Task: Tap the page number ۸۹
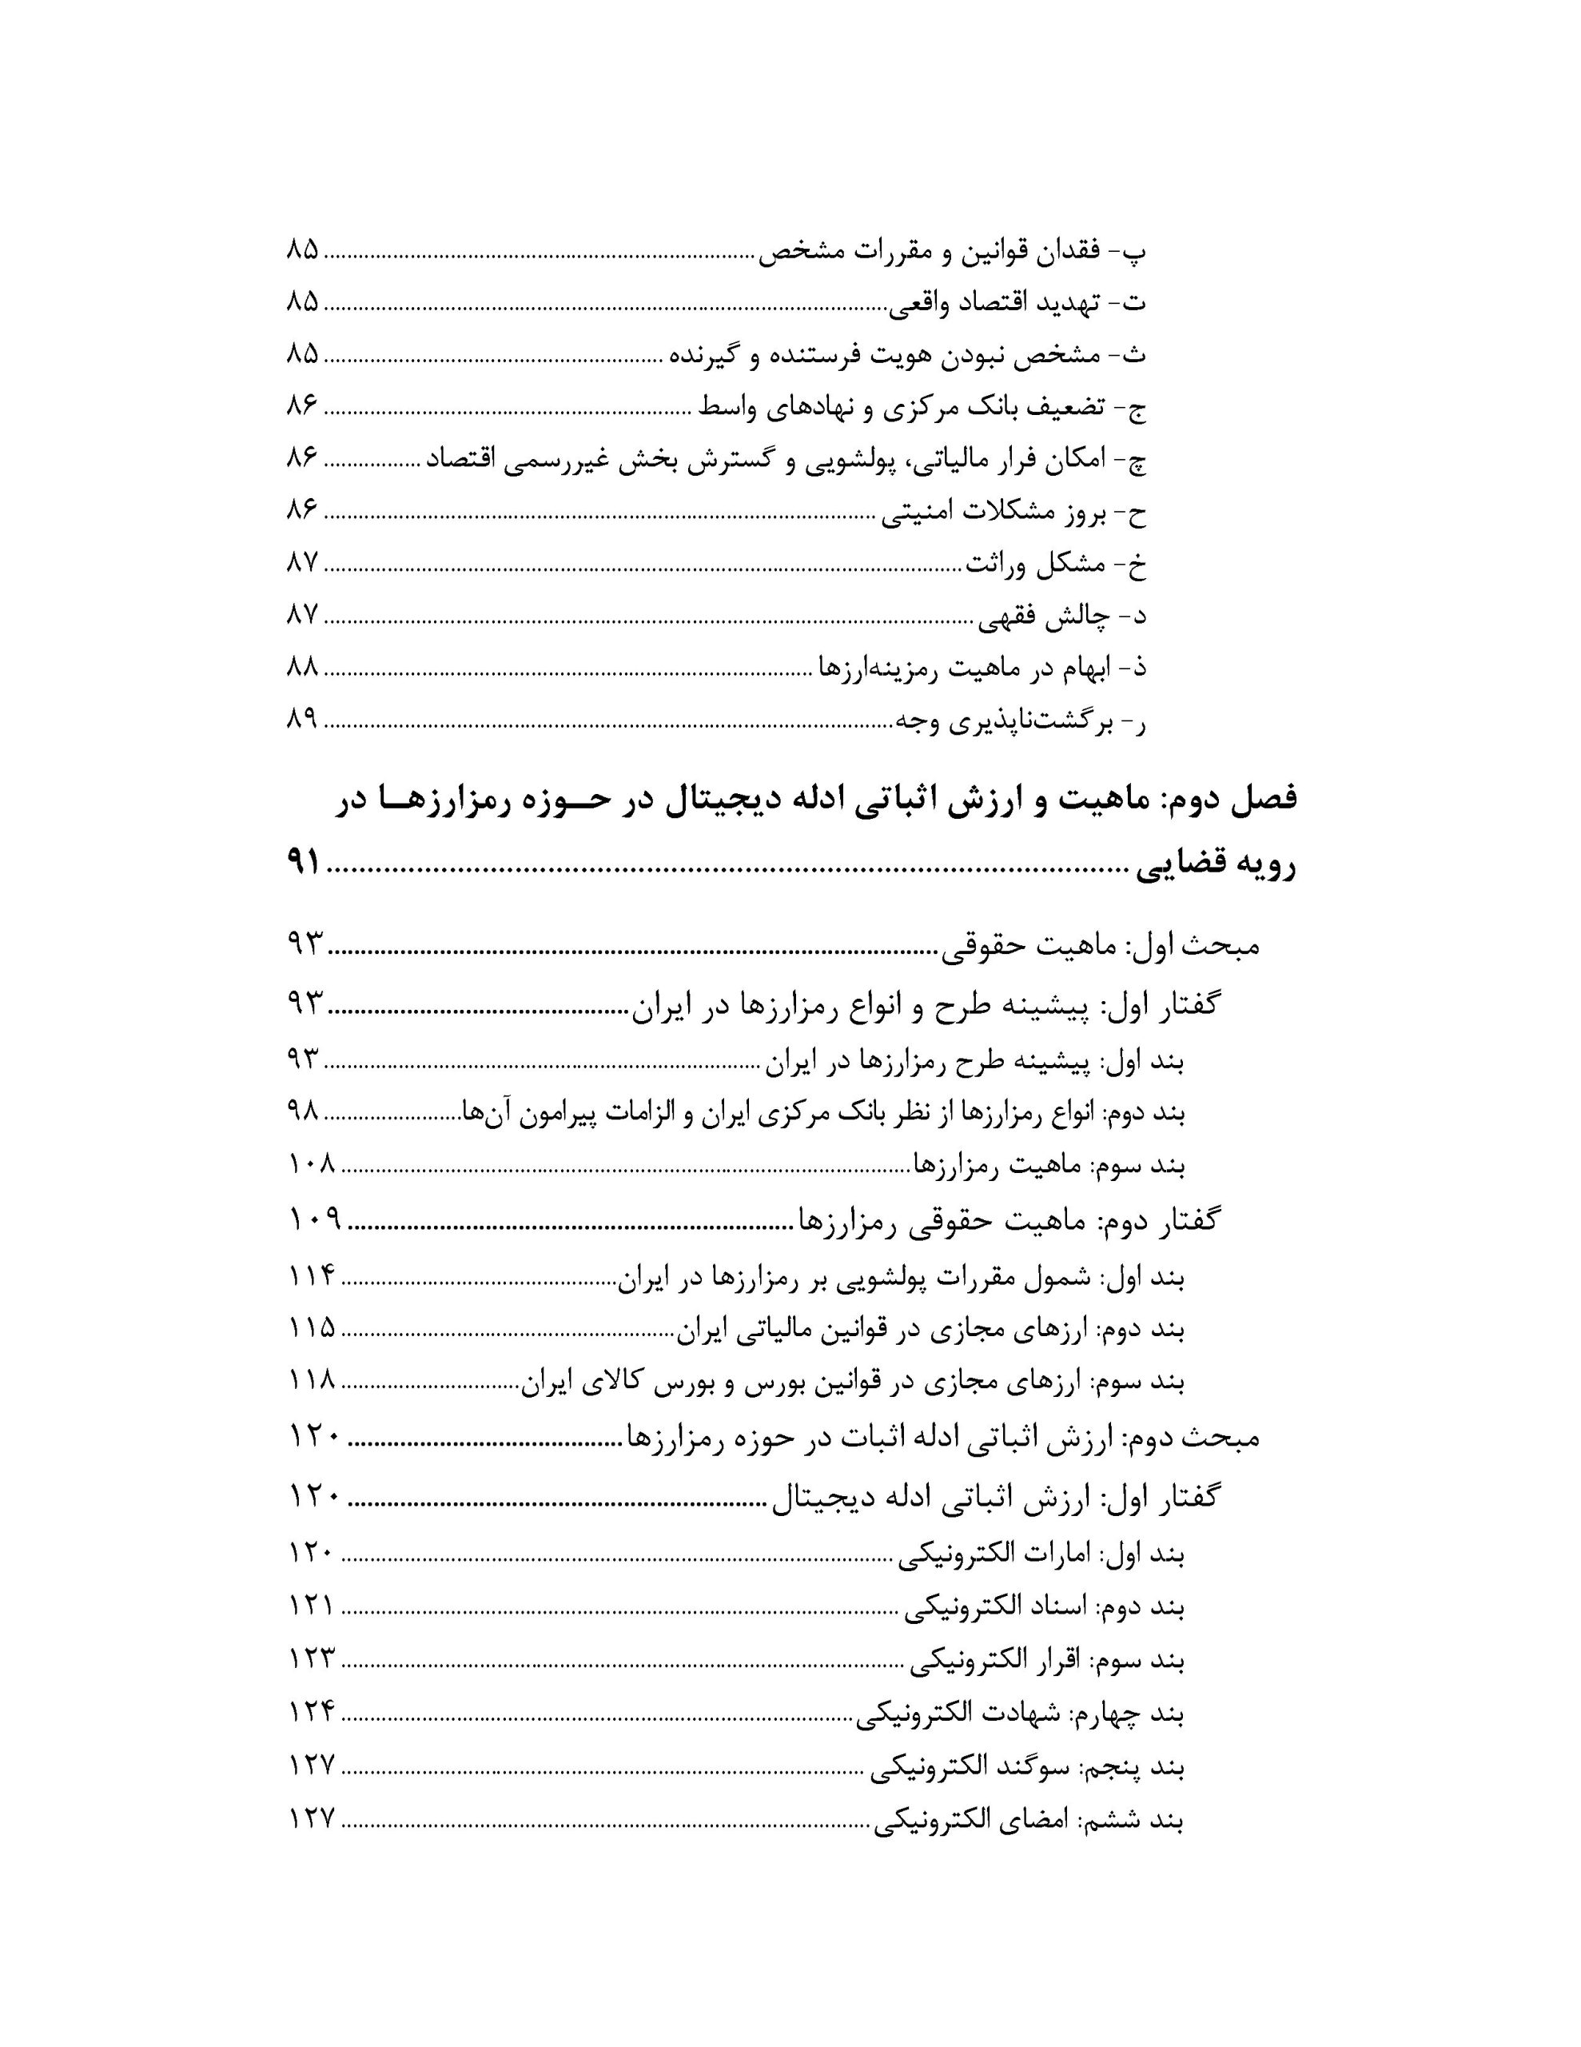tap(303, 719)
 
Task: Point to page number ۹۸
tap(303, 1111)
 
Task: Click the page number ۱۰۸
tap(311, 1164)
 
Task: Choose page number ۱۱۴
tap(312, 1275)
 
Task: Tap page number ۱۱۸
tap(312, 1381)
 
